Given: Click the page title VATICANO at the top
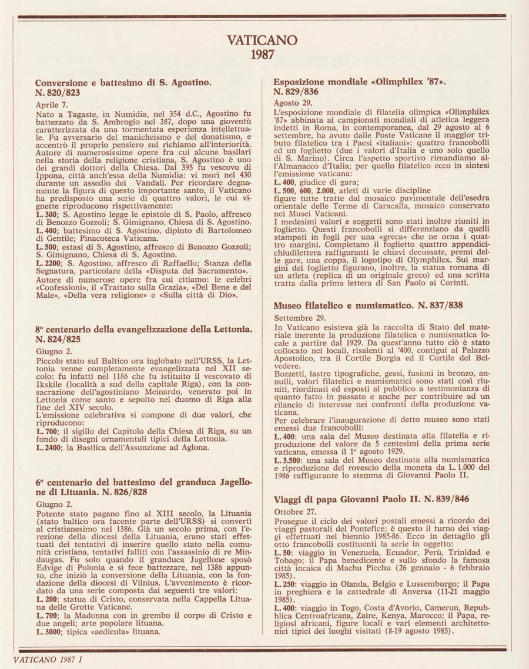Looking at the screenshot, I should [262, 41].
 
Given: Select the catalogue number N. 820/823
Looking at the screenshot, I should [58, 92].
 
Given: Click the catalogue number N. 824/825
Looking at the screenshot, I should [58, 339].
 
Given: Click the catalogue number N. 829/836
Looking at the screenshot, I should [296, 92].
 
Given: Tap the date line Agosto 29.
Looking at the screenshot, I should [290, 103].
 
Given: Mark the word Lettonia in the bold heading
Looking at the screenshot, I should [227, 329].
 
